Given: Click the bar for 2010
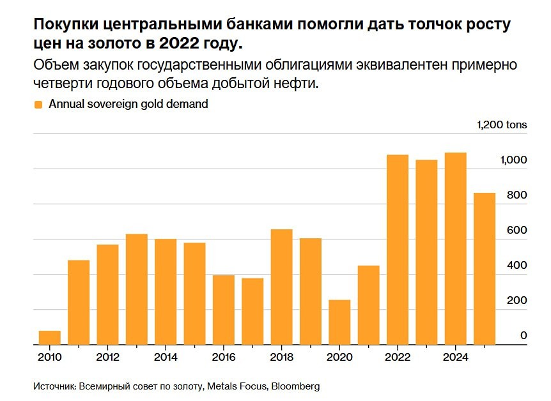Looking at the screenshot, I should [x=49, y=338].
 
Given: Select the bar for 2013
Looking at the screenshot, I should [x=136, y=289].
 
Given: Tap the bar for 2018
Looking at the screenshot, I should [x=281, y=287].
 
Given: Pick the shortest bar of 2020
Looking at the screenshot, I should [x=339, y=322].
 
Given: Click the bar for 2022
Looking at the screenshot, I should [x=398, y=250].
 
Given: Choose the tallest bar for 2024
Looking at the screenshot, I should [x=455, y=248].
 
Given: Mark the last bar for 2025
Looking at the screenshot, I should [x=485, y=269].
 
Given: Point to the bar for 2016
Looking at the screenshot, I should [x=223, y=310].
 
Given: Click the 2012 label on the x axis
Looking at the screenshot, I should [x=107, y=357].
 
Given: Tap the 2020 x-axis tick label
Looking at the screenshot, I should [x=339, y=357].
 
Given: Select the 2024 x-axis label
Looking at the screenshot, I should [x=455, y=357].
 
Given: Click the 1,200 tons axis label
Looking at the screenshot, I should [x=502, y=125].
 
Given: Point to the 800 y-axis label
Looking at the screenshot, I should [x=516, y=195].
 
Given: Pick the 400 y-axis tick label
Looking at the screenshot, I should [x=516, y=265].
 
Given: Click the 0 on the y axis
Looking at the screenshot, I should [x=524, y=335].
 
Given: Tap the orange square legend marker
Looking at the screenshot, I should [x=38, y=104].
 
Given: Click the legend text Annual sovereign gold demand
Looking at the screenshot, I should [x=128, y=104].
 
